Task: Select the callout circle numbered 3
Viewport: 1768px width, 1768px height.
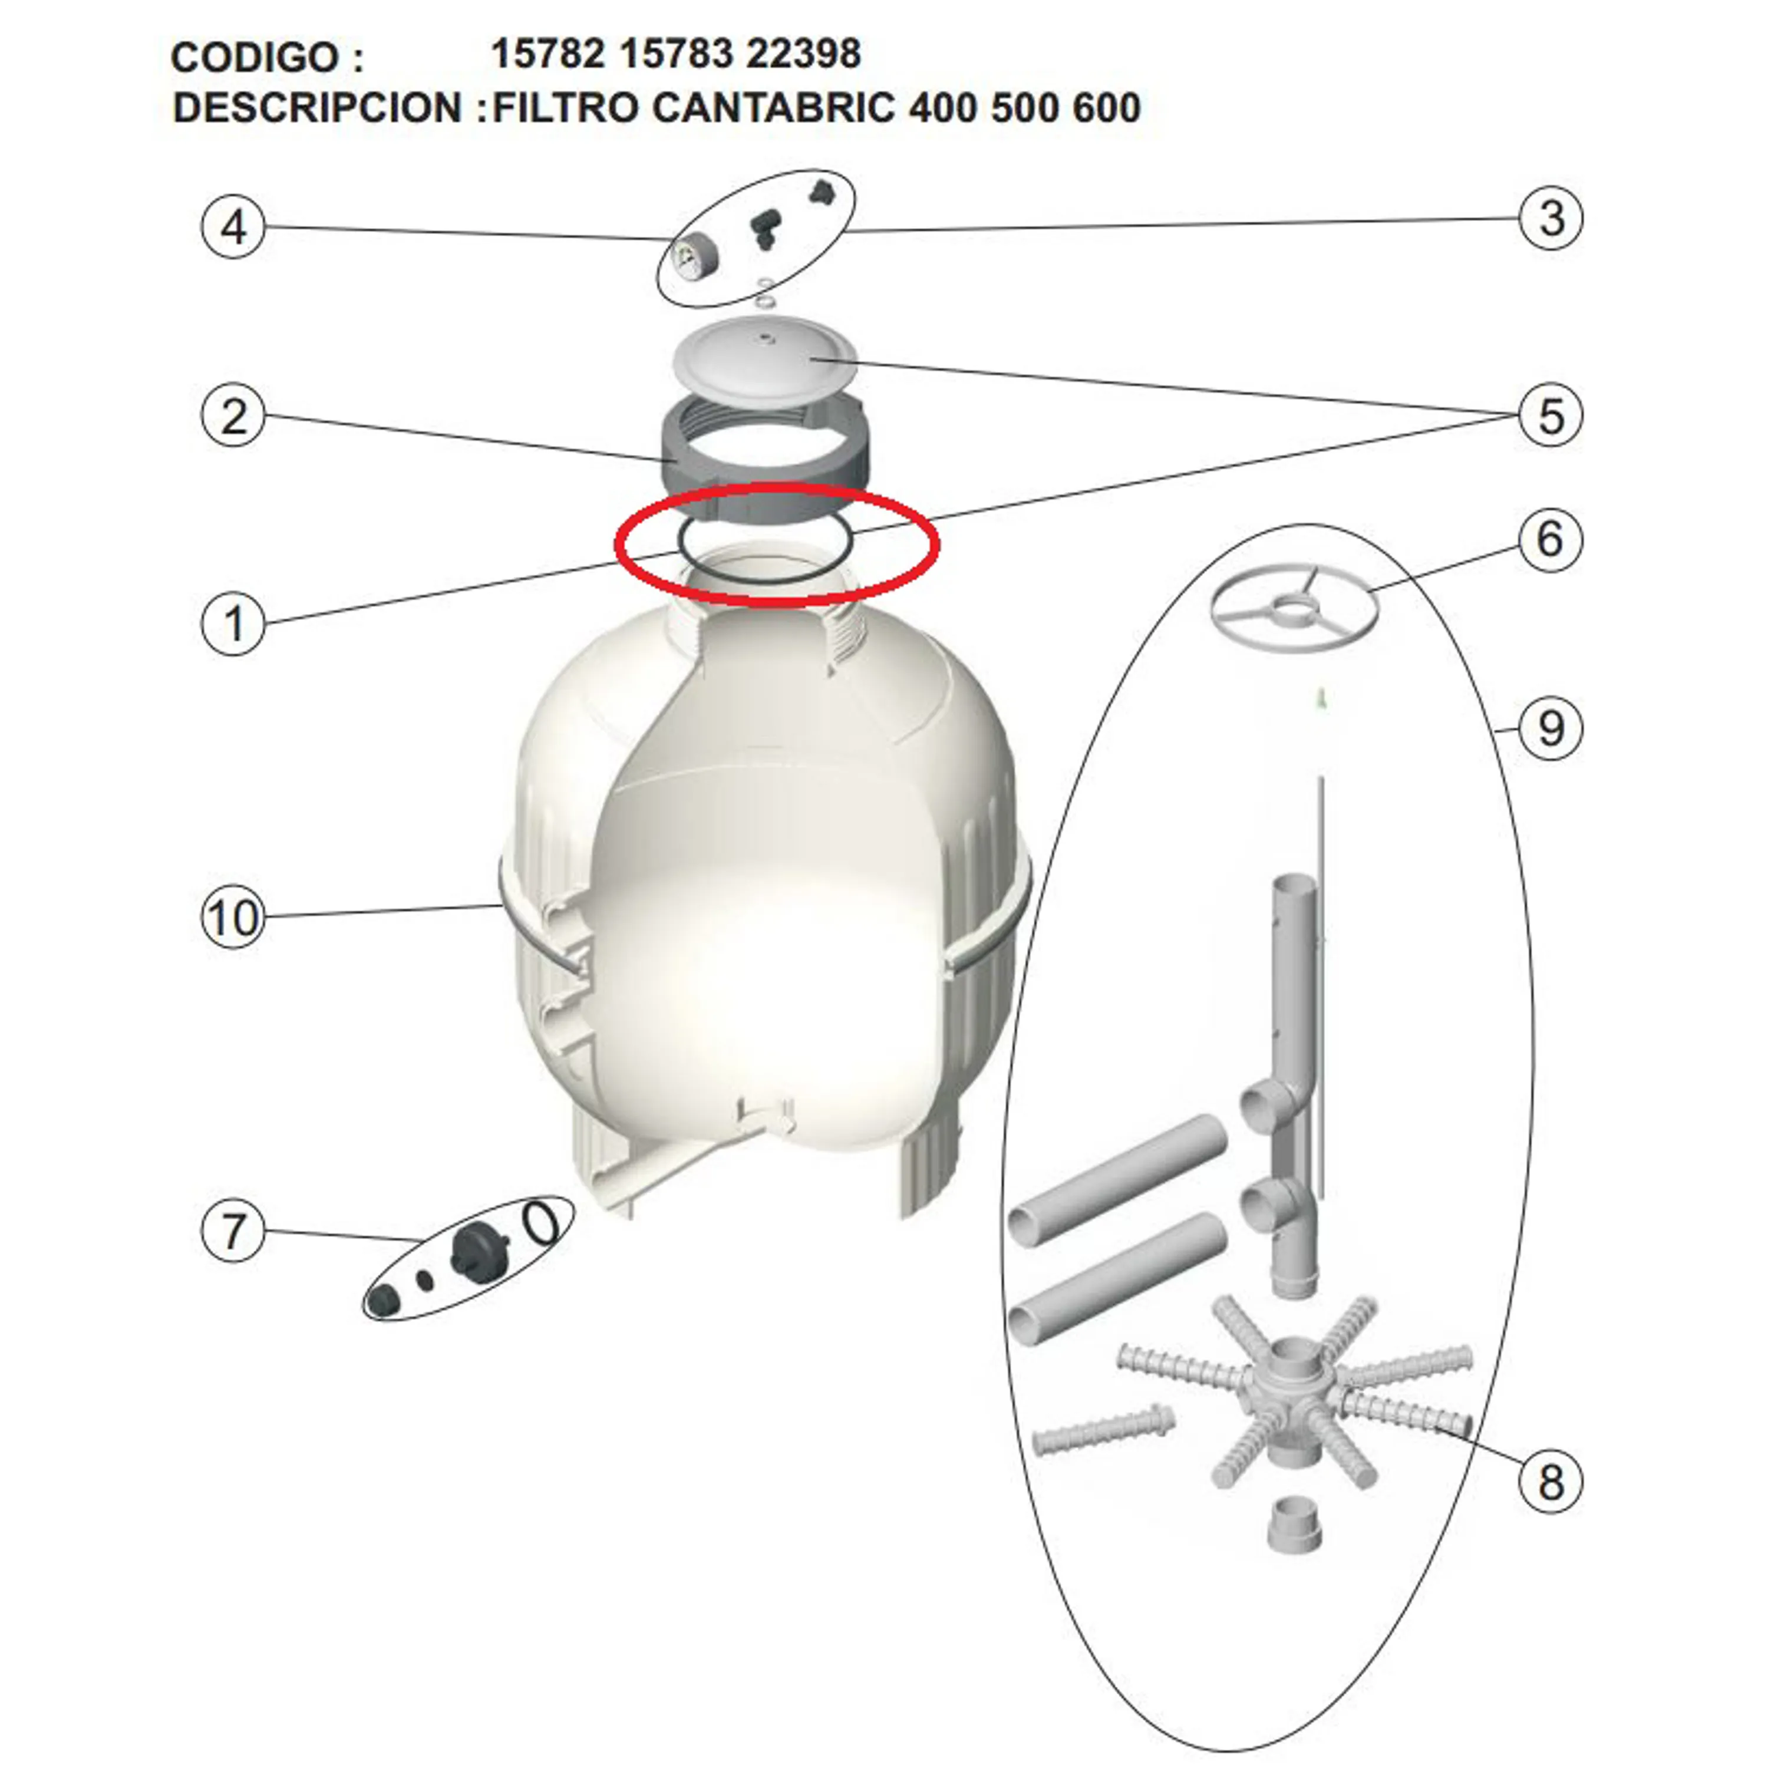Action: click(x=1550, y=218)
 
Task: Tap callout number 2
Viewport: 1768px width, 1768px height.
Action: click(x=232, y=417)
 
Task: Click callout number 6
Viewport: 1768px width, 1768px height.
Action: click(x=1550, y=540)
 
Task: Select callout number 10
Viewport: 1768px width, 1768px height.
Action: click(x=232, y=917)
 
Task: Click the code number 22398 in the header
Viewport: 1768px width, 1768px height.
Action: click(x=803, y=54)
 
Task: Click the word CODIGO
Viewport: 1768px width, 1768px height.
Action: click(x=255, y=58)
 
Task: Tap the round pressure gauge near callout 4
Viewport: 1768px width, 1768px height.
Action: click(x=688, y=253)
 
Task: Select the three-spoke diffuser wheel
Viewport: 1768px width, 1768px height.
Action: click(x=1293, y=607)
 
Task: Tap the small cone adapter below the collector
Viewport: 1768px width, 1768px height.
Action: click(x=1294, y=1528)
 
